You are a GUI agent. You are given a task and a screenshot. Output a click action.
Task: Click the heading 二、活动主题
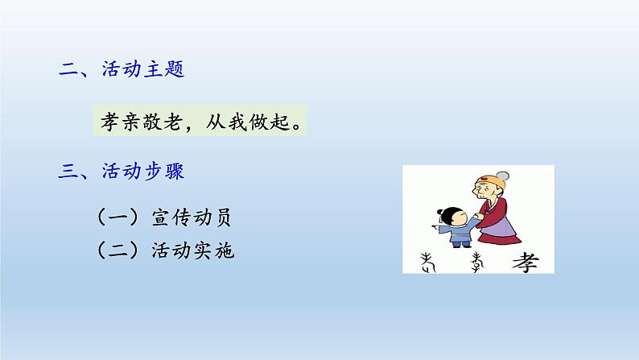[x=122, y=70]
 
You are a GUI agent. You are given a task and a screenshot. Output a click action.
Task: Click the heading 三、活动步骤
[x=122, y=172]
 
